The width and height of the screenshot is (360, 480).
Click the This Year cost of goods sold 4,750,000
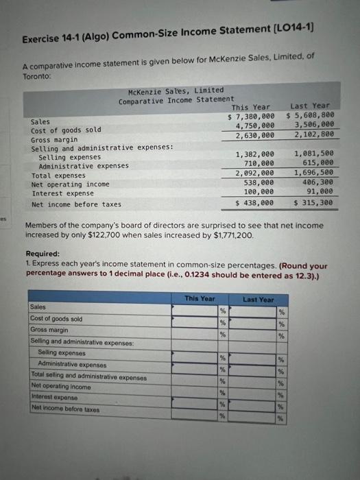(255, 125)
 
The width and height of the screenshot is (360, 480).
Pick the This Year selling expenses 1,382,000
(255, 155)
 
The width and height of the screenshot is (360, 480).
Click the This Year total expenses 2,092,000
(255, 173)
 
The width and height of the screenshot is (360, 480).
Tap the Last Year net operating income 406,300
(317, 183)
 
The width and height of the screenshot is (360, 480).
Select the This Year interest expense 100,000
(257, 193)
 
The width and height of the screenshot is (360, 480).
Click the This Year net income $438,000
(254, 203)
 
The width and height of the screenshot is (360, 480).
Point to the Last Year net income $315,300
(313, 203)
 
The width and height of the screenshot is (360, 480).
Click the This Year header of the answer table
(200, 299)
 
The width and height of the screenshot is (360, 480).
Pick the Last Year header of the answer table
(258, 300)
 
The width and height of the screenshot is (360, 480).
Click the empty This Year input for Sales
(194, 310)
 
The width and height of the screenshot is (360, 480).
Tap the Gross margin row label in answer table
(50, 330)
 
